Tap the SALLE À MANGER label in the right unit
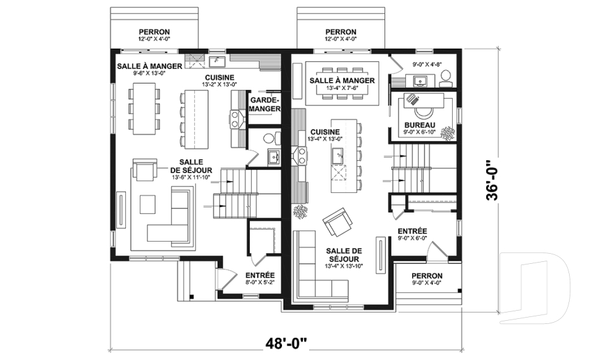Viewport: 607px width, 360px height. (x=342, y=80)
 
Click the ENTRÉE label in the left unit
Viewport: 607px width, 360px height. (x=259, y=275)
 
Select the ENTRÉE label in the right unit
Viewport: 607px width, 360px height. (x=413, y=231)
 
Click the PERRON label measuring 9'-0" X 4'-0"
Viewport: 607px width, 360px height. (x=427, y=276)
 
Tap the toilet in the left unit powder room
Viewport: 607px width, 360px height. (x=269, y=137)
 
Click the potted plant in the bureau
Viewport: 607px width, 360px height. (x=448, y=132)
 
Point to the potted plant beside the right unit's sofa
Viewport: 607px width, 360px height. (x=300, y=211)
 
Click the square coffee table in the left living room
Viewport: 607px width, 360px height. (x=148, y=204)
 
